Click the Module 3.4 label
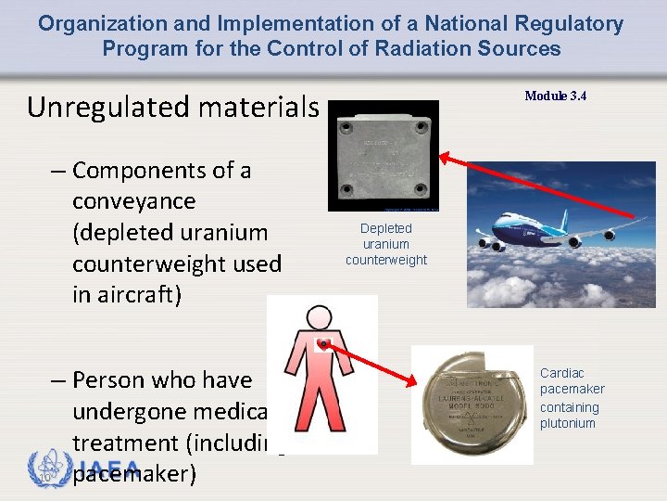tap(556, 96)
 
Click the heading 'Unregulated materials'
tap(172, 108)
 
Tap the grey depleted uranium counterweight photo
tap(383, 155)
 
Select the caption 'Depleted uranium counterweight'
tap(386, 244)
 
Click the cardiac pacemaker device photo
tap(472, 405)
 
